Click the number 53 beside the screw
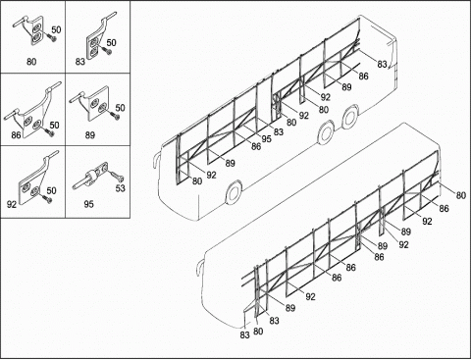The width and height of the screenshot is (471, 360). (x=121, y=188)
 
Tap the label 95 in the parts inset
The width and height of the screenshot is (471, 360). (x=88, y=204)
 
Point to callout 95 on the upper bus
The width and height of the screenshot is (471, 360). (x=266, y=138)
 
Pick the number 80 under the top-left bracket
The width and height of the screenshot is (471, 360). (x=31, y=62)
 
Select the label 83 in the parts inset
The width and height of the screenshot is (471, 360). (x=80, y=62)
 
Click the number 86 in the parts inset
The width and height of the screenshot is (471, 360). (x=16, y=134)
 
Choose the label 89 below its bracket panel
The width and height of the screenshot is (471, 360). (x=90, y=134)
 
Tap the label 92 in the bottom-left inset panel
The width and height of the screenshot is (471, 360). (x=12, y=204)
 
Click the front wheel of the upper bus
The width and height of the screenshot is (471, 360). (x=234, y=192)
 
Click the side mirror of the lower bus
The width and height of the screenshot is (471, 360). (x=197, y=266)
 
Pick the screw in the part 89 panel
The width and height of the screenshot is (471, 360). (x=115, y=116)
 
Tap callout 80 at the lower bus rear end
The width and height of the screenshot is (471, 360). (x=460, y=195)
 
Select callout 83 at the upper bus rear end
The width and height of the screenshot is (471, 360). (x=382, y=65)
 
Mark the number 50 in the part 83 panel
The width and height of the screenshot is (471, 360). (x=111, y=42)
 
